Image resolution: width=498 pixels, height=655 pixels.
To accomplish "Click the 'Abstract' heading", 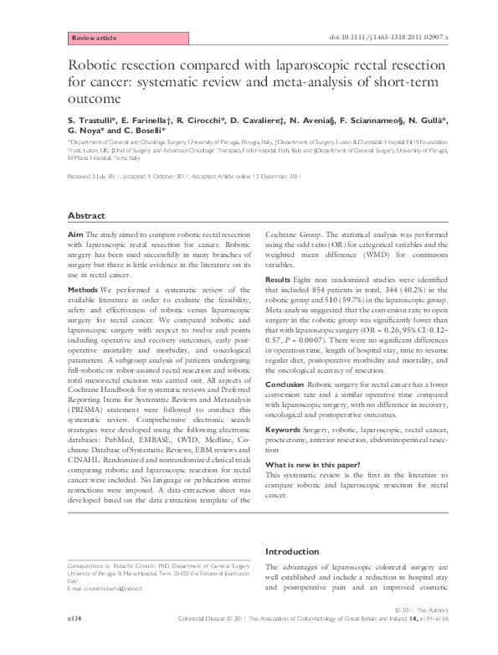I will [85, 215].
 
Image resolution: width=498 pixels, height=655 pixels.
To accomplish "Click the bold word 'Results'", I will [278, 278].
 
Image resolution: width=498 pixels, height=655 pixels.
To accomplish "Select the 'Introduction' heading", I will [294, 551].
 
